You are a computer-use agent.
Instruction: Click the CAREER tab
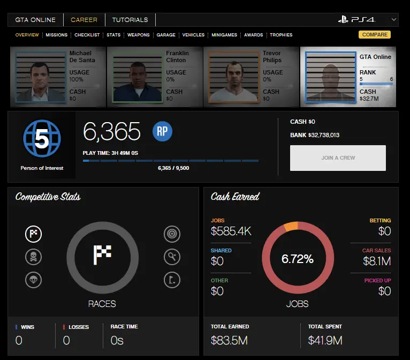pos(84,20)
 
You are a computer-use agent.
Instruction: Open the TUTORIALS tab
pos(130,20)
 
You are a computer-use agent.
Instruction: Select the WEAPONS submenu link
pos(139,35)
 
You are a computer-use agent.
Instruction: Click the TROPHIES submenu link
pos(281,35)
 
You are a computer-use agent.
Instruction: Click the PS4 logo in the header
pos(356,20)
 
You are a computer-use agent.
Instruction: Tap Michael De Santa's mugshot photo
pos(40,76)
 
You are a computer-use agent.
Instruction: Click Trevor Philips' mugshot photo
pos(232,76)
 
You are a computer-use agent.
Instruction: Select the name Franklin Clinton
pos(177,57)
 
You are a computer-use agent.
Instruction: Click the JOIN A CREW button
pos(338,158)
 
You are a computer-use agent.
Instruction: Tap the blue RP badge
pos(163,131)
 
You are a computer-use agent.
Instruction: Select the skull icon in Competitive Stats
pos(33,257)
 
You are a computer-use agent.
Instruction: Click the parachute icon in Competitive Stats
pos(33,280)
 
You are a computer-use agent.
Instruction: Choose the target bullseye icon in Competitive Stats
pos(172,234)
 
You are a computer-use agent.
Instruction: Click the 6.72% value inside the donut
pos(298,259)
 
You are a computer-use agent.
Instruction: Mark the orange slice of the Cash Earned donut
pos(291,226)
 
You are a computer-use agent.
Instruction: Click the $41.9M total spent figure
pos(325,340)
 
